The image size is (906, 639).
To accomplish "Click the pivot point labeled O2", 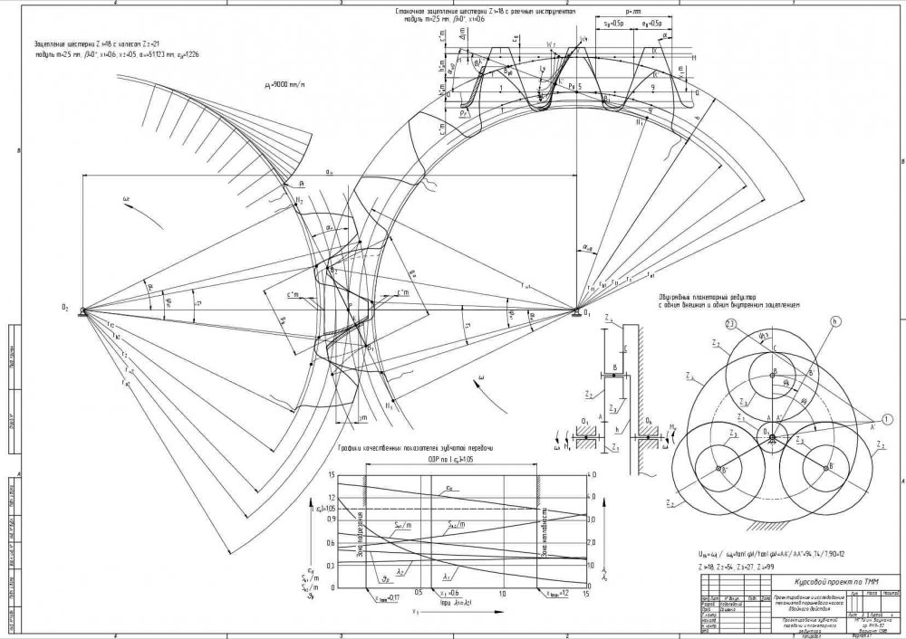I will pos(83,310).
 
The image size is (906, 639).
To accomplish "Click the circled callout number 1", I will pos(738,323).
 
